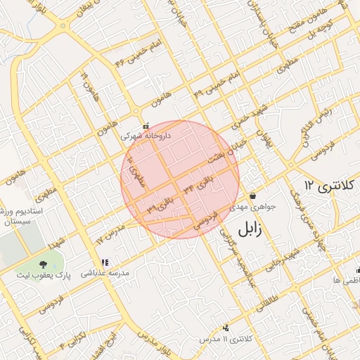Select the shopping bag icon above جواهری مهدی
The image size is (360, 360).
[x=252, y=195]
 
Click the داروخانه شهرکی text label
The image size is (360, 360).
[x=146, y=136]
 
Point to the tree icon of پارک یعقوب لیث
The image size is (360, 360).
[x=44, y=263]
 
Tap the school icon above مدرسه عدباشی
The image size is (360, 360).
[x=105, y=262]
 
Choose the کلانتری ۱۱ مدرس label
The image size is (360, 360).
[x=226, y=339]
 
